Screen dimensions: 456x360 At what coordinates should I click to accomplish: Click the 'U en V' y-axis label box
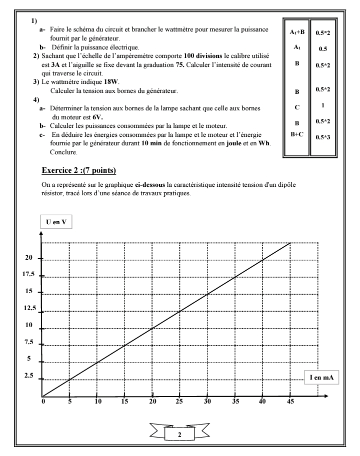tap(56, 222)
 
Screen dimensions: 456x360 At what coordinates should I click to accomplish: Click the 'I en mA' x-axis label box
tap(320, 378)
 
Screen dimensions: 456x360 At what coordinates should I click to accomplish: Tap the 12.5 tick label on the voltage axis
tap(29, 308)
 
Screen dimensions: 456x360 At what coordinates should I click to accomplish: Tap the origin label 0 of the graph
tap(43, 401)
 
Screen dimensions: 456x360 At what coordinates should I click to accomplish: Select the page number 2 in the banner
tap(179, 435)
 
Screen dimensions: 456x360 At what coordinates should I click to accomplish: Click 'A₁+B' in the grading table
tap(296, 32)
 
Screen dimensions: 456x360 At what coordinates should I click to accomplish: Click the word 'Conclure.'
tap(64, 152)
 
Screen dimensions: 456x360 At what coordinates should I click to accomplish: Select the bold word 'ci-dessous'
tap(151, 184)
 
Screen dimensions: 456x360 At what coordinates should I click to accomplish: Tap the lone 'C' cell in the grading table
tap(296, 106)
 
